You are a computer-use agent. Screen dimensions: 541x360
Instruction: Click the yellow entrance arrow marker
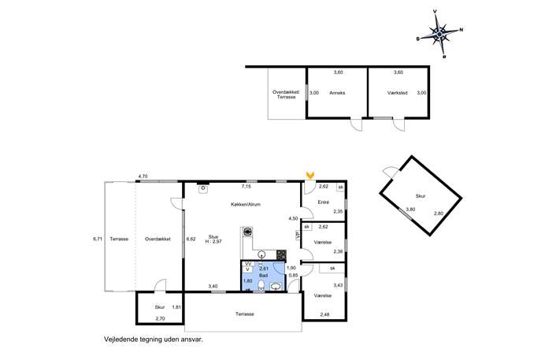point(310,176)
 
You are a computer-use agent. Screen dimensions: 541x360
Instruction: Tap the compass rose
point(439,34)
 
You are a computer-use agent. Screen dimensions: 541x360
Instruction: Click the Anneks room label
point(337,93)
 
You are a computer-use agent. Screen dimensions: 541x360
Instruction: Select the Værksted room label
point(398,93)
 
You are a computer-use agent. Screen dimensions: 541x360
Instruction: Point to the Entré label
point(324,202)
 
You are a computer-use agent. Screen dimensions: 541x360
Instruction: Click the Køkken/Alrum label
point(246,204)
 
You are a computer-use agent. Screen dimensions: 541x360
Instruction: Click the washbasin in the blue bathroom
point(276,287)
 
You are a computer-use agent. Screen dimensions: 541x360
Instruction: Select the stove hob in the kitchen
point(282,254)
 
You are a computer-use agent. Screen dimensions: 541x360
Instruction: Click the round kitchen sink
point(262,255)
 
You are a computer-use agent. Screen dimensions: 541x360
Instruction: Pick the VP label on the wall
point(298,236)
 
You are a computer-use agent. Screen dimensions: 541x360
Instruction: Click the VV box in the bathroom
point(247,264)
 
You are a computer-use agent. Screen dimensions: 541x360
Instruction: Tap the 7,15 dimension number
point(246,187)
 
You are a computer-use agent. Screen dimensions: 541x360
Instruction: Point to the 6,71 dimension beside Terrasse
point(98,239)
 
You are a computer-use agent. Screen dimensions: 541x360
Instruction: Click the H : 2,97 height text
point(213,242)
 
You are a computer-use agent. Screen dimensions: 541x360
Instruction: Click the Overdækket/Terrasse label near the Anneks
point(286,95)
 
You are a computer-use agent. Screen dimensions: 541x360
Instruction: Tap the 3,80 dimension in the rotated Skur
point(410,210)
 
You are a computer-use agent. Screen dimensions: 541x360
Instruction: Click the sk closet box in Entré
point(341,187)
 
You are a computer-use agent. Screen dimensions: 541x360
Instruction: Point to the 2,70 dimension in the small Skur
point(160,318)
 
